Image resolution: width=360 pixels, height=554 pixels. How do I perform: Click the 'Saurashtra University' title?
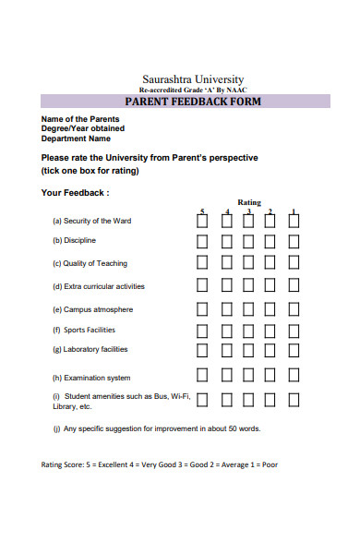pos(193,79)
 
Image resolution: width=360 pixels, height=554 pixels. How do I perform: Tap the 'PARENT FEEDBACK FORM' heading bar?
pos(192,102)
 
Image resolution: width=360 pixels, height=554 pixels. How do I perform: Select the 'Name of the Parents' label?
pos(79,120)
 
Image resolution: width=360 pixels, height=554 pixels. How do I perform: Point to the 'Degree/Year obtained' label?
pos(83,129)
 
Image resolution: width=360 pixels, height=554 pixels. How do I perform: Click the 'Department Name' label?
pos(77,139)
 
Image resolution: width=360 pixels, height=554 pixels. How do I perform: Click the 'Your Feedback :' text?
pos(75,193)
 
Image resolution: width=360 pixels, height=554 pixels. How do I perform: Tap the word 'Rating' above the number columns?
pos(249,202)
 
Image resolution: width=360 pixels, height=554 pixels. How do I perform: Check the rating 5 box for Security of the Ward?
pos(202,221)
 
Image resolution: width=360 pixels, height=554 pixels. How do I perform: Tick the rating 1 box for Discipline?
pos(294,241)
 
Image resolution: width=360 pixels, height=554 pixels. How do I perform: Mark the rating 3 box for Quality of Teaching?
pos(248,263)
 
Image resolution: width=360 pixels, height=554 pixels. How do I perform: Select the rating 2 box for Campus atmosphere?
pos(270,309)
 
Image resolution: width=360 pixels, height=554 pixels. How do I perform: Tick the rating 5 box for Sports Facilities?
pos(202,330)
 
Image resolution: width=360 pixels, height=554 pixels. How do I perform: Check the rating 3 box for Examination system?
pos(248,376)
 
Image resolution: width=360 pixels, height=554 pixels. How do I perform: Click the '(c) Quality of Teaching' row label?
pos(90,263)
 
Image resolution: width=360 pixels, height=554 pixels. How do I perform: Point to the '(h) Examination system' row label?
pos(91,378)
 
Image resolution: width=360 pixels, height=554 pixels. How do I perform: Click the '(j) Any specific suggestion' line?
pos(157,428)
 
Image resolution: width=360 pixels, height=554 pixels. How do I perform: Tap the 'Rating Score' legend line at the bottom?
pos(159,464)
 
